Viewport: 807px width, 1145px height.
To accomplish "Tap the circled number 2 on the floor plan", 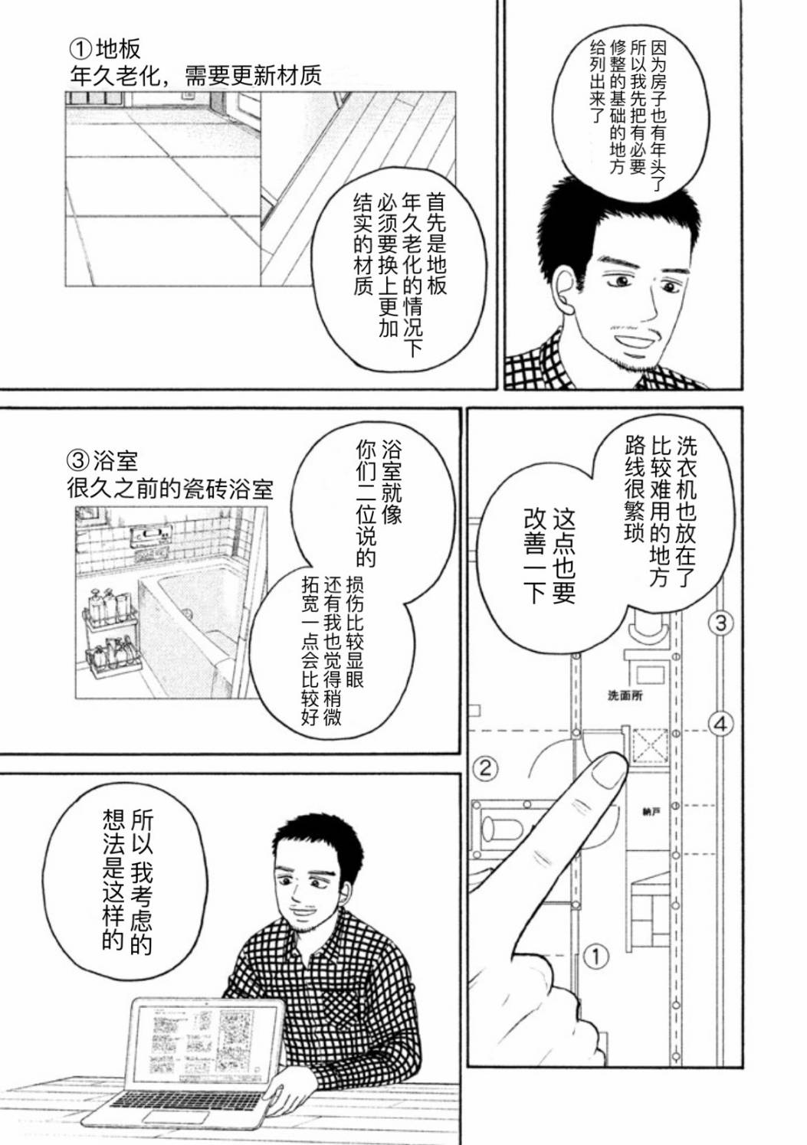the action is coord(485,767).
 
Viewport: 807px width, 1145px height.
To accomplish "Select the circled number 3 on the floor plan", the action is coord(720,623).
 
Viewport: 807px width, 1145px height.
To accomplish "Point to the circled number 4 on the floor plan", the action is coord(720,725).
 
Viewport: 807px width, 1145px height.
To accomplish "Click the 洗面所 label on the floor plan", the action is coord(625,695).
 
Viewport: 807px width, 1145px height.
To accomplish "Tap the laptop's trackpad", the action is coord(168,1115).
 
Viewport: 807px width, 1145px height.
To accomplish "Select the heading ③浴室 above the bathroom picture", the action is coord(102,462).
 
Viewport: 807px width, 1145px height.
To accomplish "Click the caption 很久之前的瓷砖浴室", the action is coord(170,489).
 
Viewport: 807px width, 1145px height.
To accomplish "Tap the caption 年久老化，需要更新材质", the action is coord(195,77).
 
